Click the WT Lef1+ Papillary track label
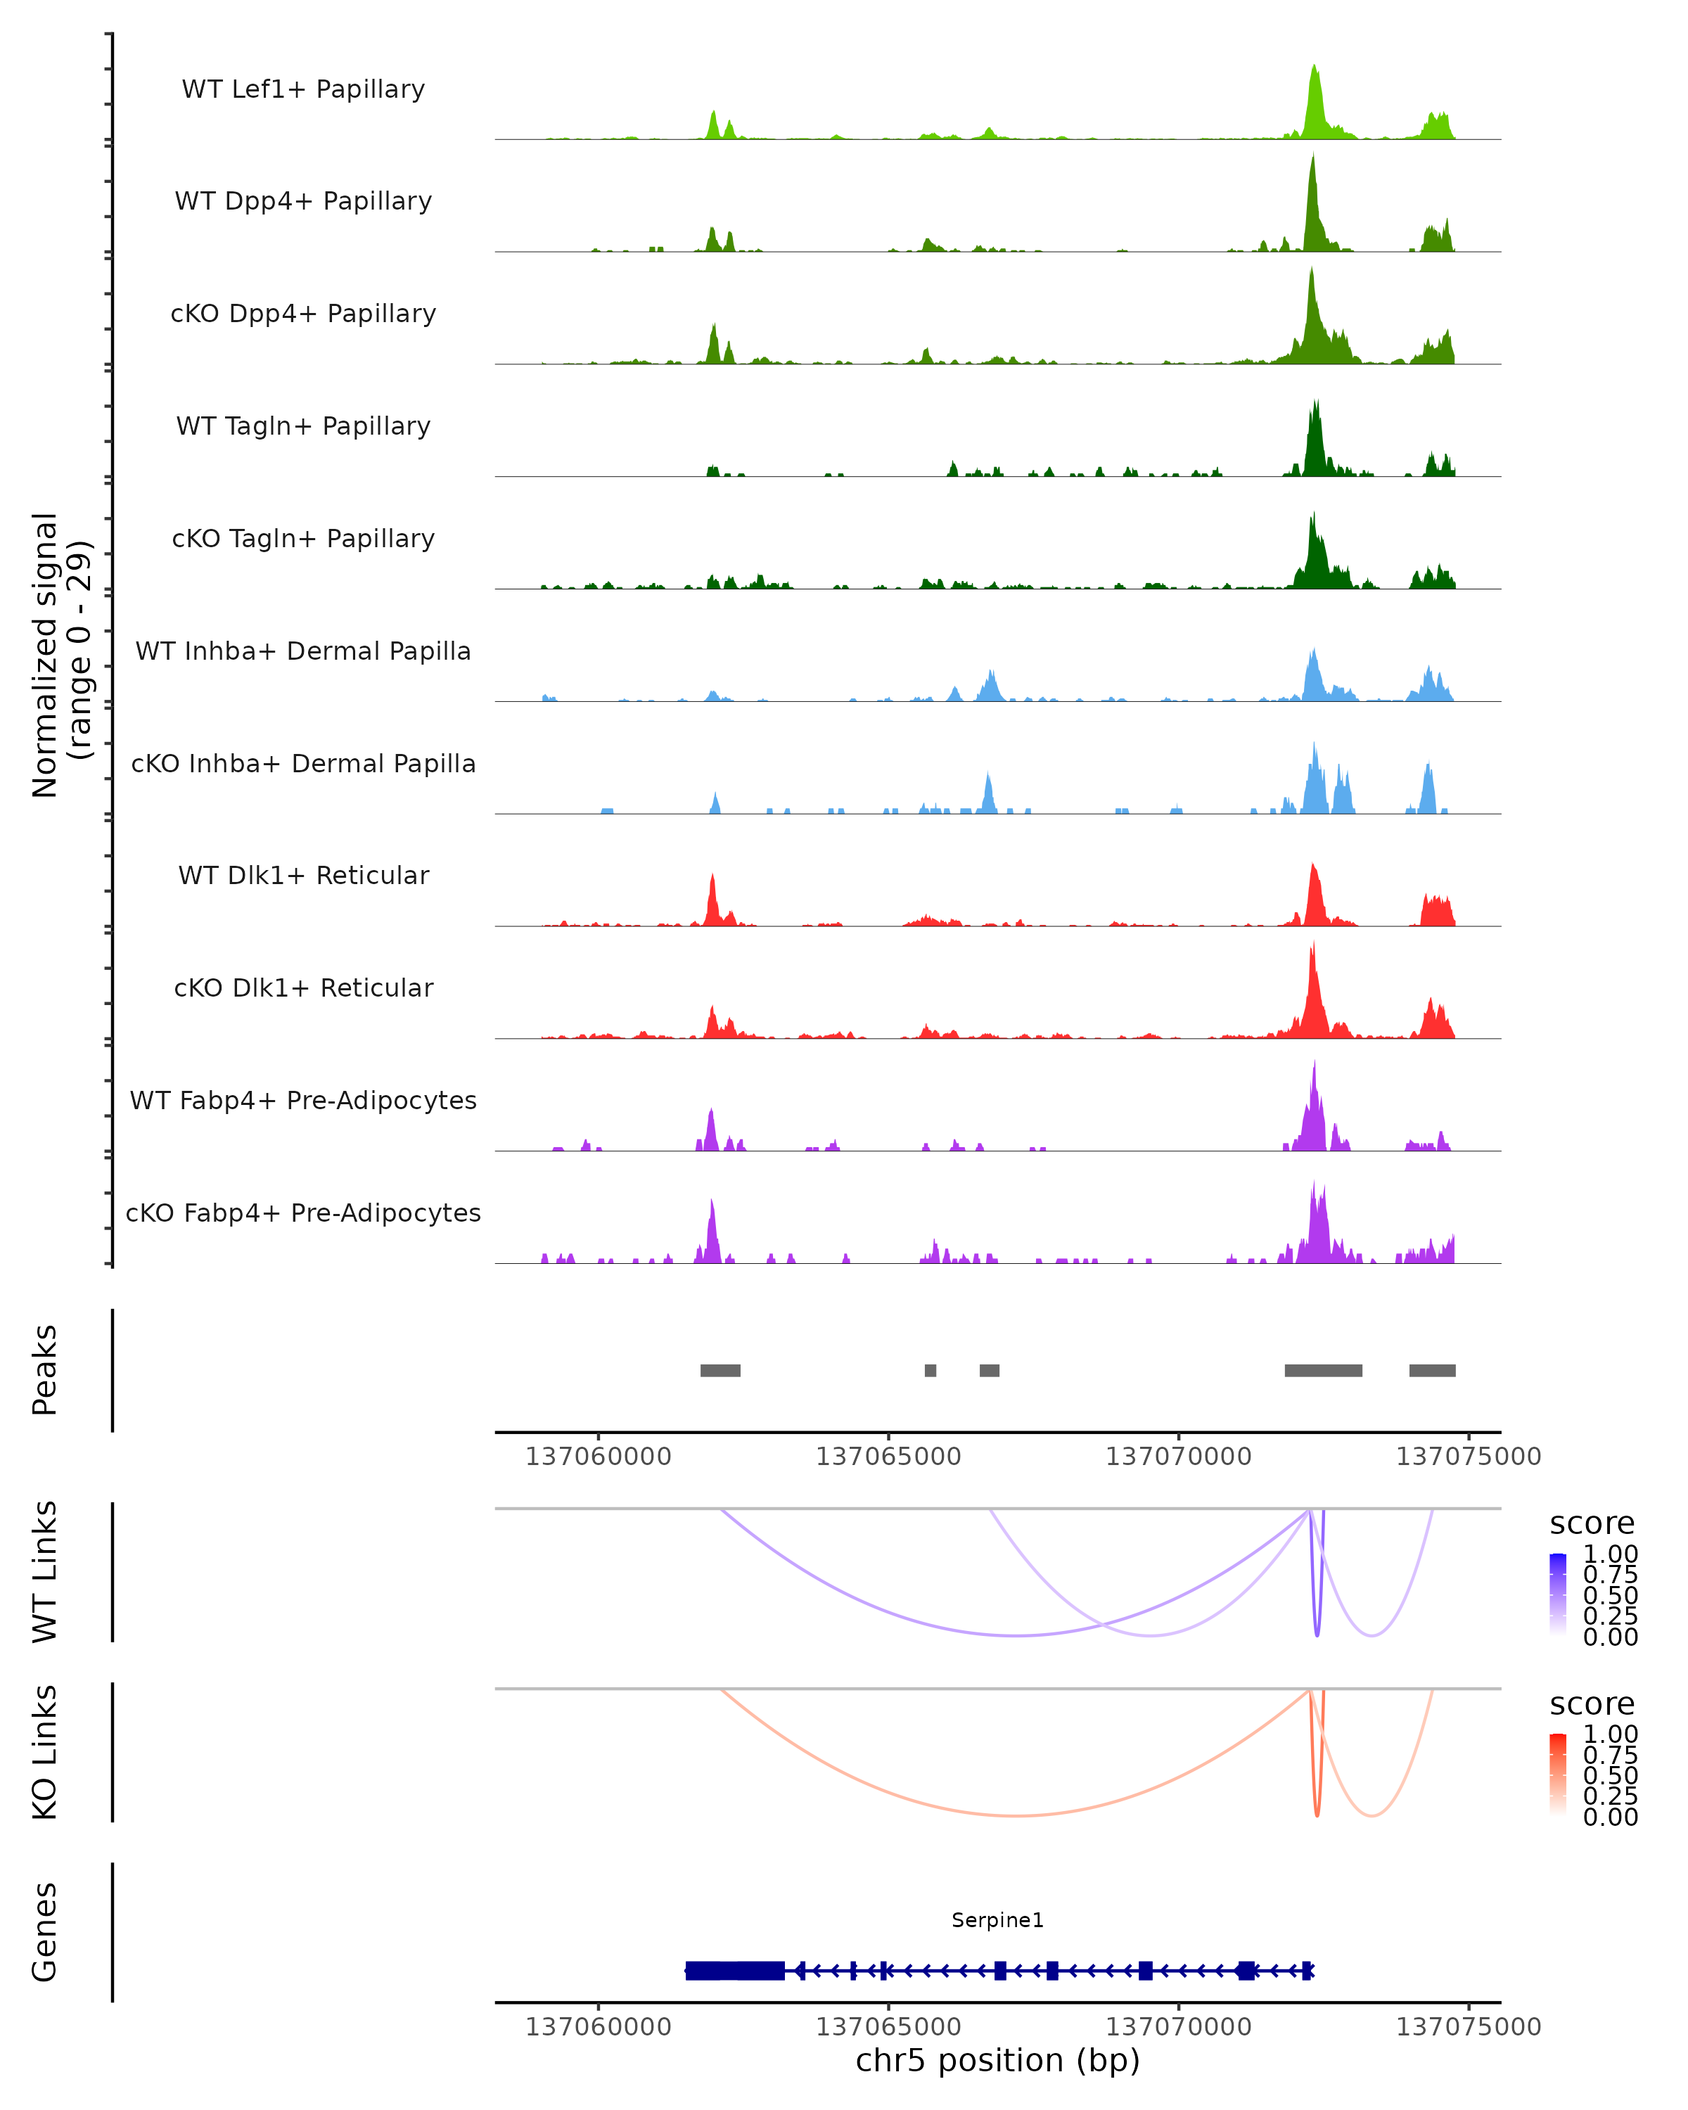[x=303, y=89]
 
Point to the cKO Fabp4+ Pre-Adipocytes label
[x=303, y=1213]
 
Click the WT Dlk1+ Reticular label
[x=303, y=875]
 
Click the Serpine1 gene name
[x=997, y=1920]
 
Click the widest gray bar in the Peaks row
[x=1323, y=1370]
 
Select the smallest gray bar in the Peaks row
[x=931, y=1370]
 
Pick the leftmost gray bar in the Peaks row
[x=720, y=1370]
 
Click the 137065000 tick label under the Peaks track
[x=888, y=1457]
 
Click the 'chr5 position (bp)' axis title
[x=997, y=2060]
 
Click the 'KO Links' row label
[x=45, y=1752]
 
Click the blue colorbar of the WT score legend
[x=1559, y=1594]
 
